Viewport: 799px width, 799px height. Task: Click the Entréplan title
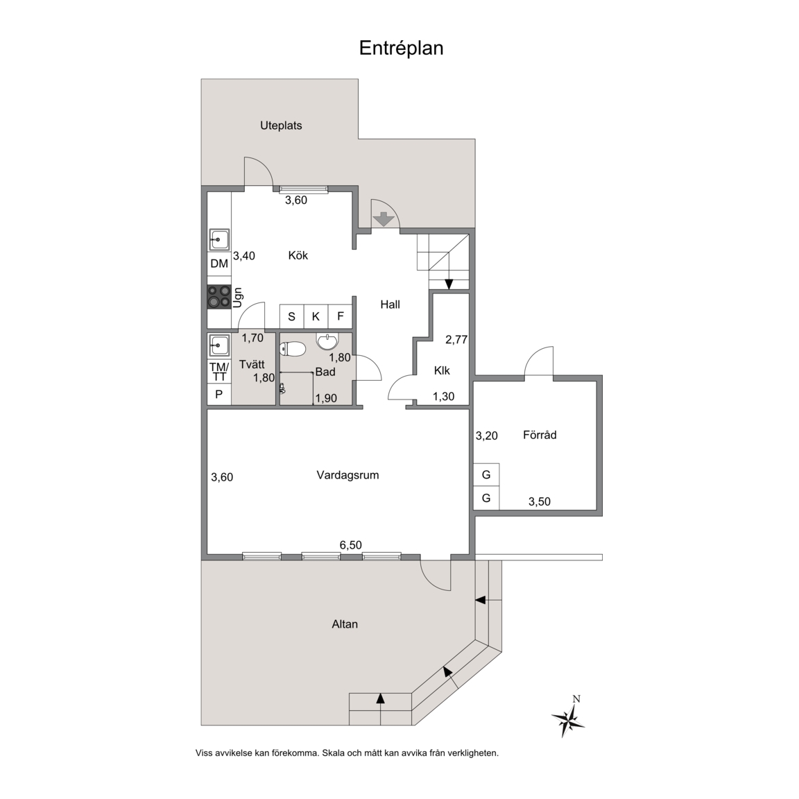401,49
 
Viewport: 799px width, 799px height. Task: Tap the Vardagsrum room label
347,475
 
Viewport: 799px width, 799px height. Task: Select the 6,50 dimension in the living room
350,545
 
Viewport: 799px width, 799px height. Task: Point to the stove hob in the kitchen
219,297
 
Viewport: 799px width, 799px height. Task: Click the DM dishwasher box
219,264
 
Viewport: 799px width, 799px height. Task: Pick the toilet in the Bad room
292,349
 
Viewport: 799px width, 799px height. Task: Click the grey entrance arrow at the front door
384,220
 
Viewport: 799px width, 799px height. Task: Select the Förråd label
540,435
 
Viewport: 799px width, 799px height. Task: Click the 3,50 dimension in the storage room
539,501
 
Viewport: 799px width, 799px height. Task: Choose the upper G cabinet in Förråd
486,475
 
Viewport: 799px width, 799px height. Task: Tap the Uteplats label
281,126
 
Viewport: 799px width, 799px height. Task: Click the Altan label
345,624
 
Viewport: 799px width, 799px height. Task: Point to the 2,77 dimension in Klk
456,339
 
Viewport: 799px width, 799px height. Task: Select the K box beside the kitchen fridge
316,316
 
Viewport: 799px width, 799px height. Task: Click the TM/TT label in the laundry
219,372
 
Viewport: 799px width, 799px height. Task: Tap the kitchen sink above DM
220,239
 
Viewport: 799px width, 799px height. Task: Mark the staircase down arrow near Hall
449,284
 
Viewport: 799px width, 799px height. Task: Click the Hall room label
390,304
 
